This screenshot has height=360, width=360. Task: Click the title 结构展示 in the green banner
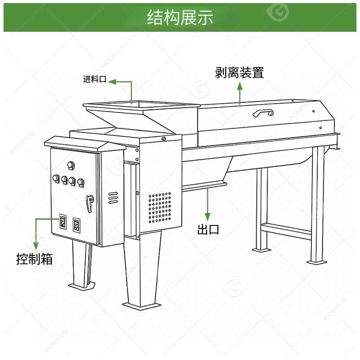coord(180,17)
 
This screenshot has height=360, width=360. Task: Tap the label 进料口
coord(94,79)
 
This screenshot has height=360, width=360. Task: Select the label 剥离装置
coord(239,72)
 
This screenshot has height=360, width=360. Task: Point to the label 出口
coord(208,229)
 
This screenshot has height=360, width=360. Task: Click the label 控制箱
coord(35,259)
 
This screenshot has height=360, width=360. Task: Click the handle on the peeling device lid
coord(263,113)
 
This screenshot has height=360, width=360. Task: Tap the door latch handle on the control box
coord(90,203)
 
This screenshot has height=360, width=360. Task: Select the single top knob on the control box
coord(71,165)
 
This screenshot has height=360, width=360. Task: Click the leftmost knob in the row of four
coord(56,179)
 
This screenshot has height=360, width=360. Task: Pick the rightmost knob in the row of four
coord(81,182)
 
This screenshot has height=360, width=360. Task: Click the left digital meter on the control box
coord(63,221)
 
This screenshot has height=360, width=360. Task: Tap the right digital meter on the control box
coord(76,225)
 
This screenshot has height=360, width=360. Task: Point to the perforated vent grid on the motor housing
coord(160,207)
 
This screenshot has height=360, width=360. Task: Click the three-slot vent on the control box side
coord(113,198)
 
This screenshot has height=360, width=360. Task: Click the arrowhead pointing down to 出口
coord(207,217)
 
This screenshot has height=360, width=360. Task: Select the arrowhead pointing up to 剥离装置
coord(240,86)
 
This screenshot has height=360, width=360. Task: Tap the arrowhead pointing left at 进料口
coord(112,81)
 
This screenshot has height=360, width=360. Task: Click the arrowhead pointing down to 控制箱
coord(36,246)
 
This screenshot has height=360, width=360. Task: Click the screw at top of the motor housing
coord(164,139)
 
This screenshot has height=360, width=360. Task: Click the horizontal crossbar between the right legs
coord(286,231)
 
